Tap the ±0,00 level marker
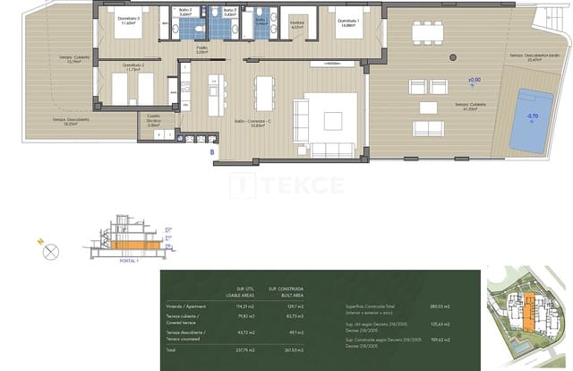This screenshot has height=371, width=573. [x=474, y=82]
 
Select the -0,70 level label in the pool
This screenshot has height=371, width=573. [x=532, y=116]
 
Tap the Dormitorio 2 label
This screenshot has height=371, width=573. [x=133, y=66]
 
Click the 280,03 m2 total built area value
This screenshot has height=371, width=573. [x=441, y=306]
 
